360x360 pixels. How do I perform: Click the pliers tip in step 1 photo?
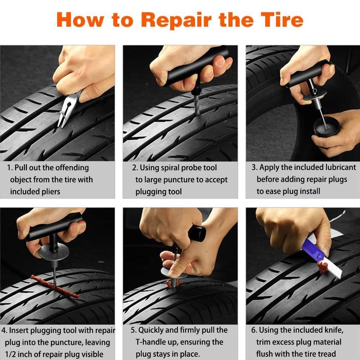pos(61,122)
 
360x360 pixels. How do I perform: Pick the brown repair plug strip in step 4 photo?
pos(54,287)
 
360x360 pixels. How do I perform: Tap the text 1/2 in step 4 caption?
pos(11,354)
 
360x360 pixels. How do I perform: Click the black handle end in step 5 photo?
pos(198,233)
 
